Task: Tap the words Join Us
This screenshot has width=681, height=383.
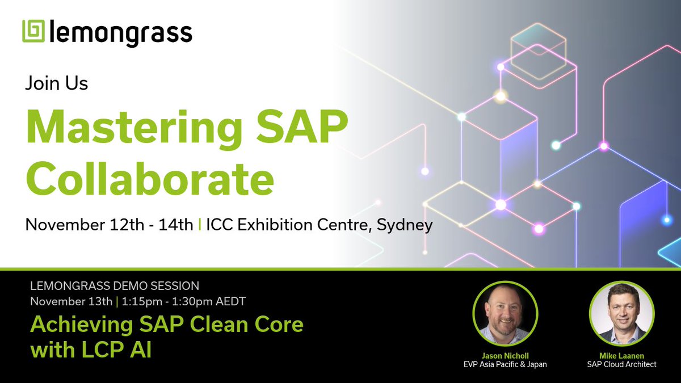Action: click(x=56, y=84)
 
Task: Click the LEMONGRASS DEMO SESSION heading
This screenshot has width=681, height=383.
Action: click(x=115, y=285)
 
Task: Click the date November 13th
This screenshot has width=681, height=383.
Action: click(x=71, y=301)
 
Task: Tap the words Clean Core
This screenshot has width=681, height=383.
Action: click(x=237, y=325)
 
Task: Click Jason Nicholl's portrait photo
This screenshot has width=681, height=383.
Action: click(x=505, y=314)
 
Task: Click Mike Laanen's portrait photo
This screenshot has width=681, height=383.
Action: click(x=621, y=314)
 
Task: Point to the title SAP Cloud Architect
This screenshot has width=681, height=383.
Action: click(x=621, y=364)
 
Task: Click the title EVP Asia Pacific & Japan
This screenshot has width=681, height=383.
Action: click(x=505, y=364)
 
